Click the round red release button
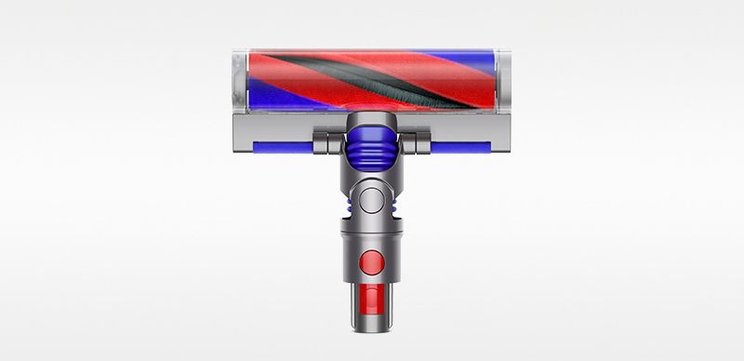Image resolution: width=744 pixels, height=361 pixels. pos(372,259)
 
